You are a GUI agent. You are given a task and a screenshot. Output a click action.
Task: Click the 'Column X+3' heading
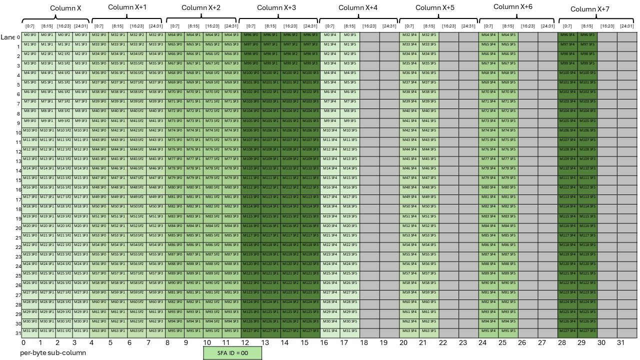(276, 8)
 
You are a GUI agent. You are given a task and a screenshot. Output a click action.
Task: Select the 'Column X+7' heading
(590, 9)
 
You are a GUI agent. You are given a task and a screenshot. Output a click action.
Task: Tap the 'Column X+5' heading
(435, 8)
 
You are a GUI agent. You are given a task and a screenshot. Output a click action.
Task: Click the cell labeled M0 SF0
(30, 35)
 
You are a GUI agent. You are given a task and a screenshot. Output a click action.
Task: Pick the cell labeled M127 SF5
(587, 331)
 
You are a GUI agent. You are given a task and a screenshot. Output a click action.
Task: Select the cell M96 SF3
(310, 35)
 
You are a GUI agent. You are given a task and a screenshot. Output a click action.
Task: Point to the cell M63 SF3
(155, 331)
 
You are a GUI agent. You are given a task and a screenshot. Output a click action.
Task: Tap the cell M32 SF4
(409, 35)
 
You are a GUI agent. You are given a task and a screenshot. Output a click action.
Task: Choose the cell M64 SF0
(174, 35)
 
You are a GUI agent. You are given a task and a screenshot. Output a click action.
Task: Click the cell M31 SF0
(30, 331)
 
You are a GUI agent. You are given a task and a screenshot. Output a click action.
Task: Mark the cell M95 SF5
(508, 331)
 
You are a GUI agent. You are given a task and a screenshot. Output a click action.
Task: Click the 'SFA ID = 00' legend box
(232, 353)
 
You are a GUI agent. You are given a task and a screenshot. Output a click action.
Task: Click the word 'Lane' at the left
(7, 37)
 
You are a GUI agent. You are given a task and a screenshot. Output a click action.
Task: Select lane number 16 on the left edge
(18, 189)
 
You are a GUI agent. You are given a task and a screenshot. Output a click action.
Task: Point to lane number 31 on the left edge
(18, 333)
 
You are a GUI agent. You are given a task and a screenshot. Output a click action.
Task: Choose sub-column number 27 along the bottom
(542, 343)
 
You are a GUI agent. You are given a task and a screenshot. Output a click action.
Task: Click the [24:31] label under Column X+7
(626, 26)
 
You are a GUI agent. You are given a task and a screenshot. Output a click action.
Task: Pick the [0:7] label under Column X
(30, 26)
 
